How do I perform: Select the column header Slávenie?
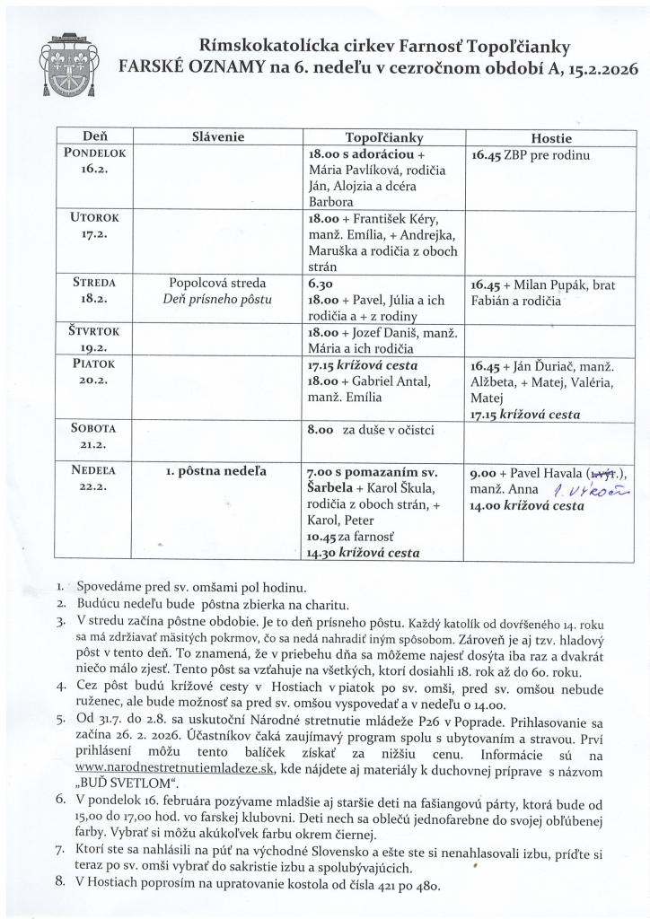pos(219,138)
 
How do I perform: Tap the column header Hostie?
pos(551,138)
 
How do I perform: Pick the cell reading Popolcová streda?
pos(219,283)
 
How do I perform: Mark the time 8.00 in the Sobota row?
pos(321,430)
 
